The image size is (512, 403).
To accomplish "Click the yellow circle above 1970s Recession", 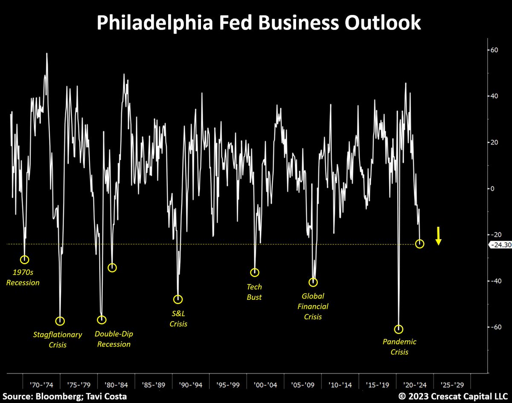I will [x=24, y=259].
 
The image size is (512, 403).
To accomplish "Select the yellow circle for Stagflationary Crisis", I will [x=60, y=321].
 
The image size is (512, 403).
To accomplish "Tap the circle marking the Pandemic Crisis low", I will [x=399, y=329].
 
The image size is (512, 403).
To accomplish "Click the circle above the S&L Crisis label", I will [x=178, y=299].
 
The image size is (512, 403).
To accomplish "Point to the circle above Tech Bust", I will [x=255, y=272].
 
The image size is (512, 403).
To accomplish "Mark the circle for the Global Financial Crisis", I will [x=314, y=282].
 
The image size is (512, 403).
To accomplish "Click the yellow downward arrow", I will [x=438, y=236].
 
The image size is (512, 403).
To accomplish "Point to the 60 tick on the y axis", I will [x=494, y=50].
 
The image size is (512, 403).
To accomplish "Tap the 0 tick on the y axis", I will [x=492, y=188].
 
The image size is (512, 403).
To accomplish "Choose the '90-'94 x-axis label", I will [x=191, y=385].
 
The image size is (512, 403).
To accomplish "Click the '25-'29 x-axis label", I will [x=453, y=385].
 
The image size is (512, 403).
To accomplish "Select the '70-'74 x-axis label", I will [x=42, y=385].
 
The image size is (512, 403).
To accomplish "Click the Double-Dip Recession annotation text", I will [x=113, y=339].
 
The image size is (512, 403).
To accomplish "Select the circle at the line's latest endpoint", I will [x=419, y=244].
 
